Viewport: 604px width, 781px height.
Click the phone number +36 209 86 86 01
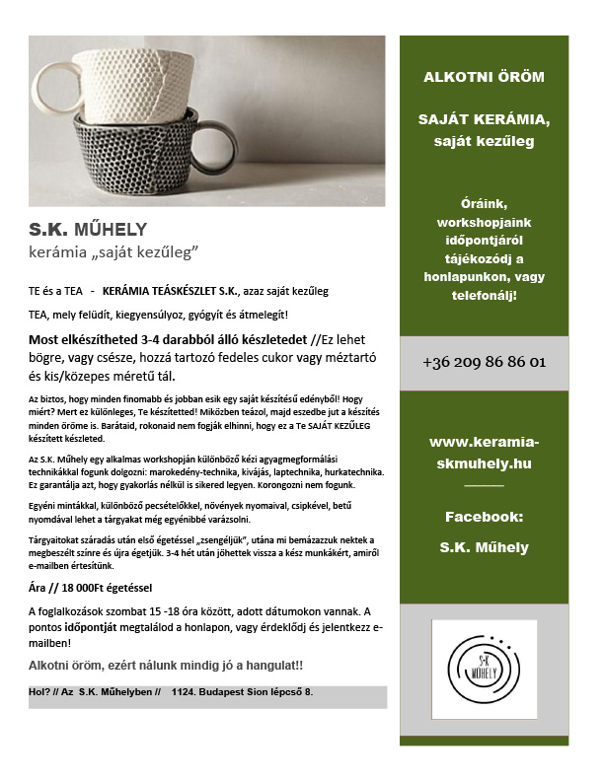pyautogui.click(x=484, y=362)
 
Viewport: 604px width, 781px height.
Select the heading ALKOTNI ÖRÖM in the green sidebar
pyautogui.click(x=484, y=77)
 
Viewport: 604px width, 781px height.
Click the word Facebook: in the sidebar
pyautogui.click(x=484, y=516)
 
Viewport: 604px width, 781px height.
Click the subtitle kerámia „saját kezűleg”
pyautogui.click(x=114, y=254)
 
